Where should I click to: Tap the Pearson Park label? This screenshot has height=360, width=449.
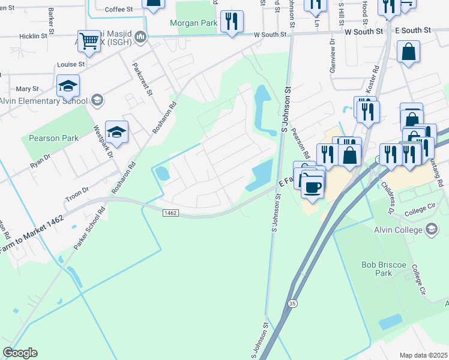click(x=53, y=138)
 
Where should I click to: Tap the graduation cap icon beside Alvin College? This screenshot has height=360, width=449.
click(x=431, y=229)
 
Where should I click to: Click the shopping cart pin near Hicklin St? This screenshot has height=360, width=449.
click(x=89, y=41)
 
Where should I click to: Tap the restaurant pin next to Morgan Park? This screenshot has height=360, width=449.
click(x=231, y=21)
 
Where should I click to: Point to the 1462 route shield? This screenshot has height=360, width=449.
click(x=170, y=212)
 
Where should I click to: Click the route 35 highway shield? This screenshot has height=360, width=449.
click(x=292, y=304)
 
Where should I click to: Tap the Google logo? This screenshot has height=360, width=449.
click(x=20, y=353)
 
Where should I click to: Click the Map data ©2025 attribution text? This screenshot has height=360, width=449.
click(x=424, y=355)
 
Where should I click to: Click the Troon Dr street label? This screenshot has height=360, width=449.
click(x=77, y=190)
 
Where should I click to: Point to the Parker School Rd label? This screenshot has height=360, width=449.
click(x=89, y=229)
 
